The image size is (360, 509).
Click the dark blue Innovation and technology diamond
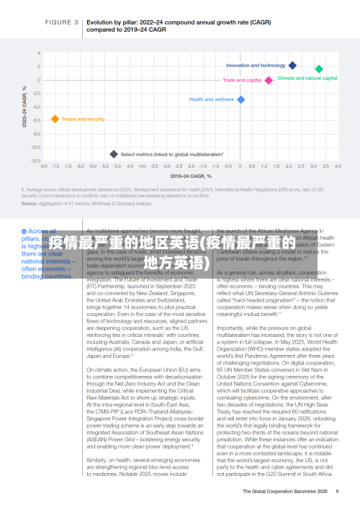[292, 66]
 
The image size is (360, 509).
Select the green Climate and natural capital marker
[319, 69]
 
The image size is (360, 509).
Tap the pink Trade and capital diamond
[269, 81]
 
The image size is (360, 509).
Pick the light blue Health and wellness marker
[241, 99]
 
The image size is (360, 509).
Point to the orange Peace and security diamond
[55, 119]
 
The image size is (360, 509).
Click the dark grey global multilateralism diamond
[113, 154]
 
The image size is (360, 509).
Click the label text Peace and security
[83, 119]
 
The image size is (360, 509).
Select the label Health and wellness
[211, 99]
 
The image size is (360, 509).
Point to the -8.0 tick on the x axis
[44, 166]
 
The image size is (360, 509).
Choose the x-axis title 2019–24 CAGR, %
[190, 175]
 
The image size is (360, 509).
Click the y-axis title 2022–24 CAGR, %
[25, 108]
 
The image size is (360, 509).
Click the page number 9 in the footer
[336, 492]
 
